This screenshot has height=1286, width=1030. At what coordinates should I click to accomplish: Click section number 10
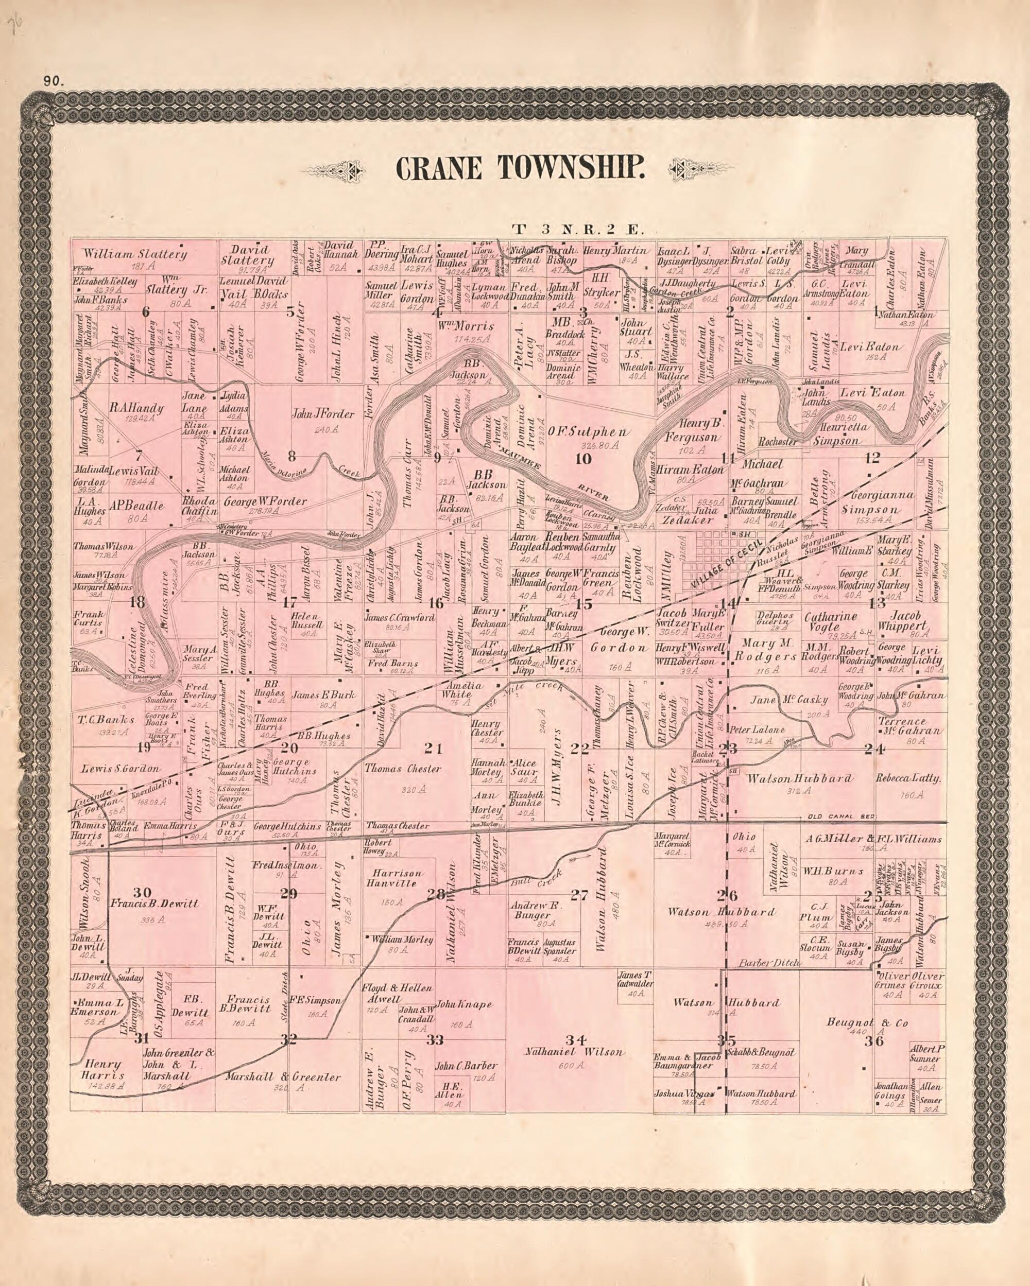[582, 459]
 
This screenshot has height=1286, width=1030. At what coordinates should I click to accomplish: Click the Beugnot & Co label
[867, 1023]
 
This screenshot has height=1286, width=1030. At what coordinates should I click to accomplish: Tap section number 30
[142, 892]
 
